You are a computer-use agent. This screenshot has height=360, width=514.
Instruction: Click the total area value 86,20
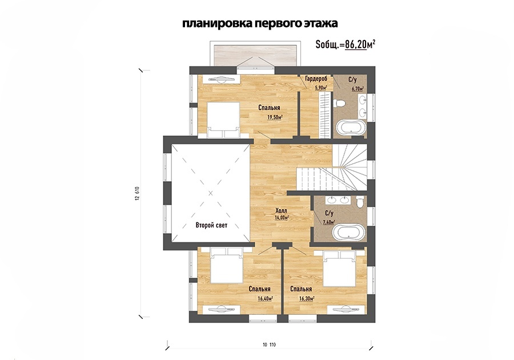[356, 44]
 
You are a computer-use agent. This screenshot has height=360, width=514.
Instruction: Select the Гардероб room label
[316, 79]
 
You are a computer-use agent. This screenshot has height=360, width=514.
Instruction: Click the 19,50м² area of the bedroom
[275, 117]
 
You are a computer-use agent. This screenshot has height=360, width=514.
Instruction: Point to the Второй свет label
[211, 225]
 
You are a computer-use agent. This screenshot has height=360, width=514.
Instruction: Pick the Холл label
[281, 211]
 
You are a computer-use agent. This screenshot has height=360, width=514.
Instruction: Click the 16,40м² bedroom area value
[266, 299]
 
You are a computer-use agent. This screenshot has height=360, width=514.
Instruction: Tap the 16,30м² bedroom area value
[307, 299]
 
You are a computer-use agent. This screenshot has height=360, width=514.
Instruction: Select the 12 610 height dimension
[137, 194]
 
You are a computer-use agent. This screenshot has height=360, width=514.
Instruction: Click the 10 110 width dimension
[269, 345]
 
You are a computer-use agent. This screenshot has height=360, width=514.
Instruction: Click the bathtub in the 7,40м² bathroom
[348, 233]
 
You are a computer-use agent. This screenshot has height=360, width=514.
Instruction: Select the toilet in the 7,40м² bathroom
[360, 202]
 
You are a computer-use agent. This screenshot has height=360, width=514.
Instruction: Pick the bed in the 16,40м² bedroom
[227, 265]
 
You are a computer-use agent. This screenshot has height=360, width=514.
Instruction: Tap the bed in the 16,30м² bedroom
[340, 269]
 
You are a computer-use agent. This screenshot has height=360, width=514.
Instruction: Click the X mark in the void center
[211, 193]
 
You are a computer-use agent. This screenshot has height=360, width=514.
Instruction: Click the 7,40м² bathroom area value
[329, 222]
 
